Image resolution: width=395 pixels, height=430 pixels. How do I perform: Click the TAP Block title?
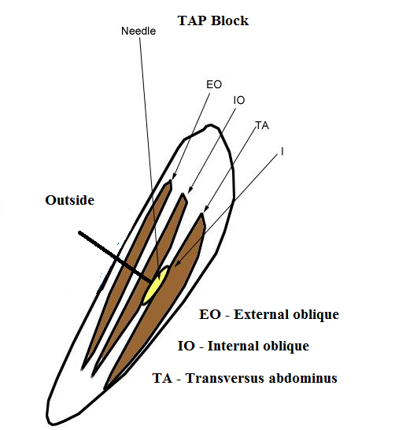213,20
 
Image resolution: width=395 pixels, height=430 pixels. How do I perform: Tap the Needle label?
138,31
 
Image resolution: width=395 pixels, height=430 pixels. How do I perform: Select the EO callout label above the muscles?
214,84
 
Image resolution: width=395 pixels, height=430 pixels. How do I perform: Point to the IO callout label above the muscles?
239,100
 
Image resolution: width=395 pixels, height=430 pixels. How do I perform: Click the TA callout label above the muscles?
263,125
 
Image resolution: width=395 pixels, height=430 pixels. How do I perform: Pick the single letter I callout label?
282,151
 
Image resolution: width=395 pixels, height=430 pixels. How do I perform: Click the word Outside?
69,200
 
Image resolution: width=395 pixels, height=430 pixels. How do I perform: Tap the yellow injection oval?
155,285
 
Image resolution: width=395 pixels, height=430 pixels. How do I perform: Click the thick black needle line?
115,258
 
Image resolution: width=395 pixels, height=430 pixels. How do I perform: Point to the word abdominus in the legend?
303,378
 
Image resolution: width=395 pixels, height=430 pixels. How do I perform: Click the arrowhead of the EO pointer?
173,177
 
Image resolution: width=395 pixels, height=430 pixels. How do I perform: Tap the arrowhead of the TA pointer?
206,209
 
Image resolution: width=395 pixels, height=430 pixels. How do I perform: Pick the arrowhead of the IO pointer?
190,190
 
